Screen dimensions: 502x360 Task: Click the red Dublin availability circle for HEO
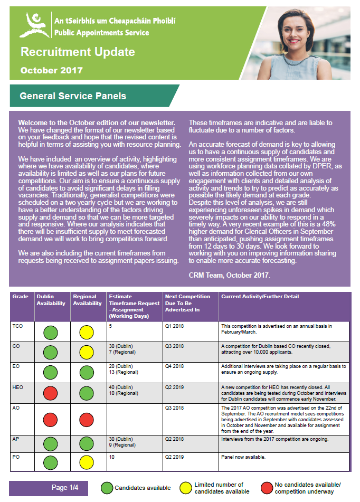(50, 394)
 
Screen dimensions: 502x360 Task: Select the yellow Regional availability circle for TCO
(87, 333)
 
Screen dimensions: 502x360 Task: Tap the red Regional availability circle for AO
(87, 420)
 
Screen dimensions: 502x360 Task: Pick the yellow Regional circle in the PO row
(87, 462)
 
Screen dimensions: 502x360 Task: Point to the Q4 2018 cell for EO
(174, 366)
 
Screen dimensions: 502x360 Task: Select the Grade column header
(20, 297)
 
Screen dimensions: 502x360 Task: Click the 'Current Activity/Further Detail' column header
(260, 297)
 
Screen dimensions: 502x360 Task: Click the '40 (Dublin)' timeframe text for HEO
(122, 387)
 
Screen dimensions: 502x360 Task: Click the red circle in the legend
(267, 488)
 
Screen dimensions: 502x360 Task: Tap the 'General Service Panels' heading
(73, 96)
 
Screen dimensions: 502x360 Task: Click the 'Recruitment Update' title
(78, 52)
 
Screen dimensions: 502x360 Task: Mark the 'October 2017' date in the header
(52, 70)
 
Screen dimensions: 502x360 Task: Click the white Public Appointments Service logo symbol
(34, 25)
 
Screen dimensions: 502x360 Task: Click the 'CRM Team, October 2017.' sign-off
(229, 275)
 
